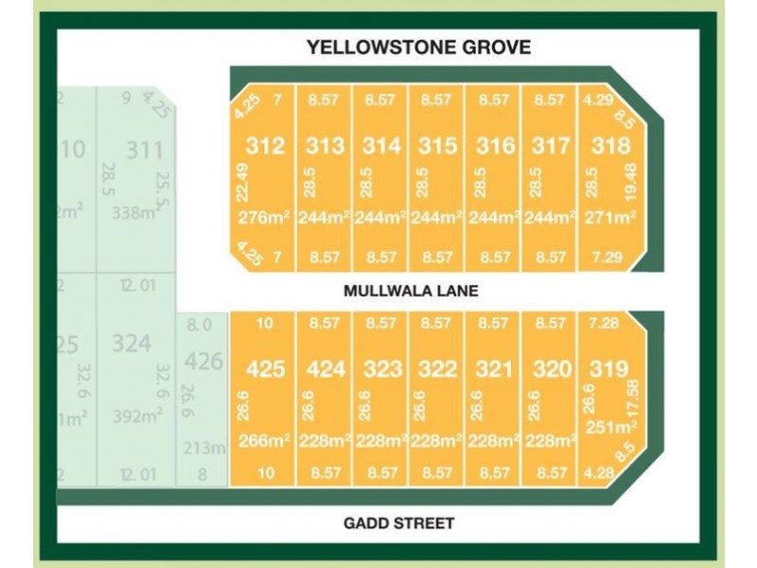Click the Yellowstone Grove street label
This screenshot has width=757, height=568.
click(x=418, y=47)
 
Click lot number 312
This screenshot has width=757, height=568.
click(x=265, y=147)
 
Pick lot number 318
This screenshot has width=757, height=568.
click(x=610, y=147)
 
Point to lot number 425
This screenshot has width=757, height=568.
click(x=265, y=369)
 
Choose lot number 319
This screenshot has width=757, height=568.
click(x=608, y=368)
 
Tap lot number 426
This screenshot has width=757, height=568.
click(x=202, y=362)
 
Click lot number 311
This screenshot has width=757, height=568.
click(x=145, y=150)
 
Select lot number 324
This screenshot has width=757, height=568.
click(x=132, y=343)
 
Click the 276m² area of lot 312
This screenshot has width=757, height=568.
click(x=264, y=219)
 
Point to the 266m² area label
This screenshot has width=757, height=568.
click(x=264, y=440)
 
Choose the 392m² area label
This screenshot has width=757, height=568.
click(x=133, y=417)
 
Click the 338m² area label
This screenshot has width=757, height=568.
click(x=133, y=214)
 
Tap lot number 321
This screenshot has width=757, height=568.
click(x=494, y=369)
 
